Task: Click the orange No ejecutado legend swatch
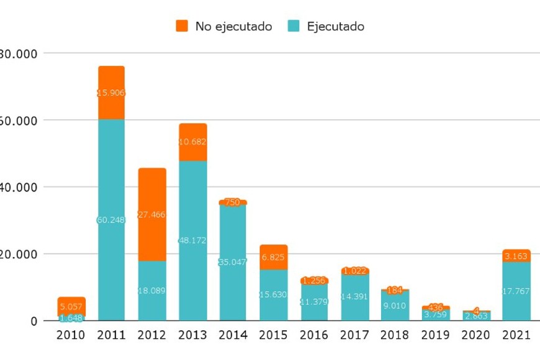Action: [182, 26]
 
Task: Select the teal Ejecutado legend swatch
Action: [294, 26]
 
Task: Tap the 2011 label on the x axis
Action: [111, 336]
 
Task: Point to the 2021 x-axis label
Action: [516, 336]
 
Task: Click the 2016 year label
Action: [314, 336]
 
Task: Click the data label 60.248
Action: [111, 220]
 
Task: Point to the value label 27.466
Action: [152, 214]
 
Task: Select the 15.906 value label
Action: [111, 93]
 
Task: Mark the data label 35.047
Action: [233, 263]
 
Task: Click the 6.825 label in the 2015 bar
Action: [274, 257]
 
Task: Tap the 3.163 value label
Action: [516, 256]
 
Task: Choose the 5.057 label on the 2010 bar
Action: [71, 306]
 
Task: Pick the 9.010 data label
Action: [395, 305]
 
